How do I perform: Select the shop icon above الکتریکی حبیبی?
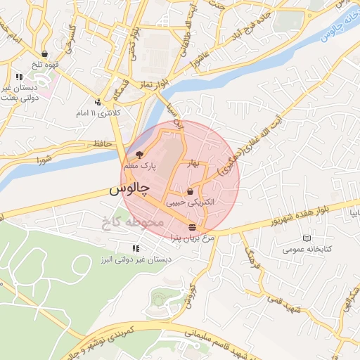[191, 191]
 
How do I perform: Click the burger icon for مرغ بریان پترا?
[192, 226]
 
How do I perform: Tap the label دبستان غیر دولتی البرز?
[136, 259]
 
